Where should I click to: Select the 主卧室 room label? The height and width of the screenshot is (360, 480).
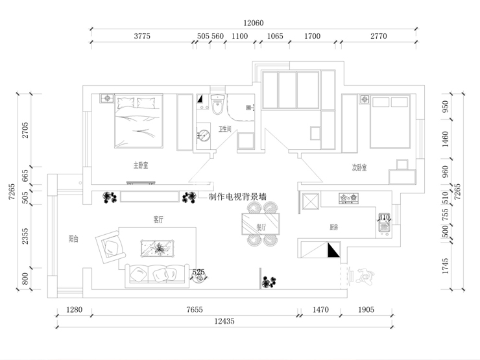pyautogui.click(x=141, y=166)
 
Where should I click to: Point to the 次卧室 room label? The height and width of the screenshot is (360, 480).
pyautogui.click(x=359, y=167)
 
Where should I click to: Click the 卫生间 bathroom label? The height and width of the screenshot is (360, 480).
pyautogui.click(x=225, y=128)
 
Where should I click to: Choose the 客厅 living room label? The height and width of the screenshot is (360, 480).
pyautogui.click(x=158, y=220)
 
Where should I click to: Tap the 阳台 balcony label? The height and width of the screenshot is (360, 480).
pyautogui.click(x=73, y=239)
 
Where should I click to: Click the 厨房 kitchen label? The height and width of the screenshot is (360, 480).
pyautogui.click(x=334, y=227)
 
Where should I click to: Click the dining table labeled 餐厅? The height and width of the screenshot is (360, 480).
pyautogui.click(x=261, y=224)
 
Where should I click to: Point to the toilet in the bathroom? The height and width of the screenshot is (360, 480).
pyautogui.click(x=217, y=103)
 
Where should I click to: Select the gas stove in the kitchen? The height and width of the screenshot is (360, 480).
pyautogui.click(x=348, y=198)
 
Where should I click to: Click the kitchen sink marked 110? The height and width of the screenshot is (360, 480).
pyautogui.click(x=383, y=222)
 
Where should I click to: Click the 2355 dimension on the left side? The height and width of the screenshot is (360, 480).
pyautogui.click(x=25, y=236)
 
